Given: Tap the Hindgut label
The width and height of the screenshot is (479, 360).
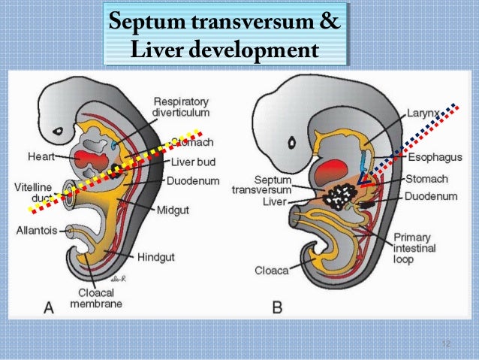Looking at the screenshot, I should click(155, 257).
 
